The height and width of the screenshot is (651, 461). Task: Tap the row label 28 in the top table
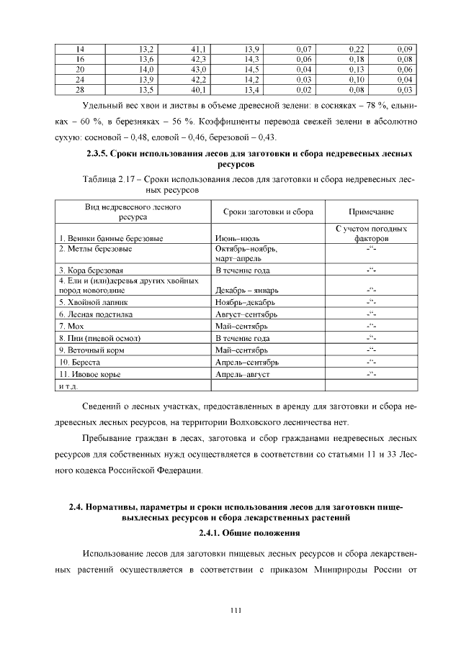pyautogui.click(x=81, y=90)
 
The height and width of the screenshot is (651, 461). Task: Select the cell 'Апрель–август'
pyautogui.click(x=243, y=374)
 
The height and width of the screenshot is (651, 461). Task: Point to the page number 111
pyautogui.click(x=235, y=611)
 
